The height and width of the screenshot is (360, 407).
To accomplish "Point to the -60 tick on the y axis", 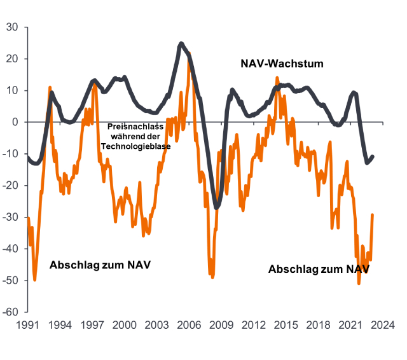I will coord(12,312).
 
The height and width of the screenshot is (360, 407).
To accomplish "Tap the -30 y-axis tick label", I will coord(12,218).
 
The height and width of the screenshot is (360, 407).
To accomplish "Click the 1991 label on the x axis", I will coord(27,325).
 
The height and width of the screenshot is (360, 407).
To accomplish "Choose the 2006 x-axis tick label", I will coord(189,325).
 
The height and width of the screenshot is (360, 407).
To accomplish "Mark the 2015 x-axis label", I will coord(286,325).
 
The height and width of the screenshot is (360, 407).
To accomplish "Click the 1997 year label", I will coord(92,325).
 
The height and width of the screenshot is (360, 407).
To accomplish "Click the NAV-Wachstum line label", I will coord(282,64).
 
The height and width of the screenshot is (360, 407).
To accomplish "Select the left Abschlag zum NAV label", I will coord(100,265).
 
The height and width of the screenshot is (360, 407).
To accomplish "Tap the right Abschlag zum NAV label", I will coord(319,269).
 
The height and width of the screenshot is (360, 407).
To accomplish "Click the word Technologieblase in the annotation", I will coord(136,146).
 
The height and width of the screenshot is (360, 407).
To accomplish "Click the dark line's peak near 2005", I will coord(181,43).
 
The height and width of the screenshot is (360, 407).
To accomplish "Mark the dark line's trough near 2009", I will coord(217,207).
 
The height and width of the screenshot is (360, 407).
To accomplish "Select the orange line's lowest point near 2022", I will coord(359,284).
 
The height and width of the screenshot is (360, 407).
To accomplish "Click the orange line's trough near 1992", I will coord(34,279).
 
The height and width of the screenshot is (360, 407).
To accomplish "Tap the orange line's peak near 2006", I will coord(189,62).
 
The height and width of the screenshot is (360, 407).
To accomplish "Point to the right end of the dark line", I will coord(373,156).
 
